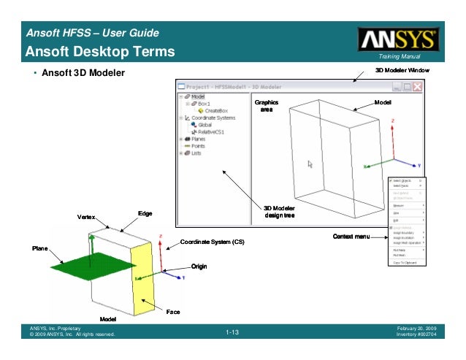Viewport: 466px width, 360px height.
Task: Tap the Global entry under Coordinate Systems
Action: [x=205, y=124]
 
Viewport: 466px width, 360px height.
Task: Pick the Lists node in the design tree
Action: [x=196, y=153]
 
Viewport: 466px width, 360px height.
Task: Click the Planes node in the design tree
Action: [x=198, y=139]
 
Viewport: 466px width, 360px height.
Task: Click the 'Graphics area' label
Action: [x=267, y=106]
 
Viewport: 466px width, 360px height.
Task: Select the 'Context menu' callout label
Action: [x=351, y=237]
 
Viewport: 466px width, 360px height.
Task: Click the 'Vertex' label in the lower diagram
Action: [x=87, y=218]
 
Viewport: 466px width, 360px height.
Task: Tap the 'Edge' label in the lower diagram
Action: [x=145, y=213]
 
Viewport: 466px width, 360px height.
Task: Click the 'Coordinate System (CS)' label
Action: [x=212, y=242]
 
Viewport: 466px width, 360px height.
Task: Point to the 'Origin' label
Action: [x=199, y=266]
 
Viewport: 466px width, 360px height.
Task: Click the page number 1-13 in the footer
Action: [x=232, y=333]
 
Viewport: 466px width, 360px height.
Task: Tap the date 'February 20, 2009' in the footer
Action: [x=416, y=329]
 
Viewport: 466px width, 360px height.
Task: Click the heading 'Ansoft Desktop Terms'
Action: [x=100, y=51]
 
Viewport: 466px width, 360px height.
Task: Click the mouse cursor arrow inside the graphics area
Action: [x=310, y=164]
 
